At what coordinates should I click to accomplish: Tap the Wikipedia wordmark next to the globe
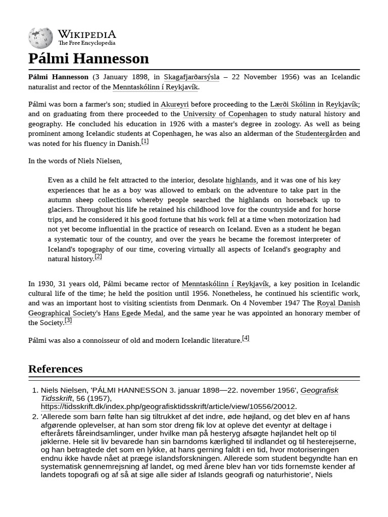[x=86, y=34]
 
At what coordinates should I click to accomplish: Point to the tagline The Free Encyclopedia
[x=86, y=43]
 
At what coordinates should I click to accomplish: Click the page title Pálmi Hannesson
[x=88, y=59]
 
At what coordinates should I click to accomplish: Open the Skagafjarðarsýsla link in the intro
[x=191, y=77]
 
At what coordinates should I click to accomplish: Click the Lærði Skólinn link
[x=293, y=105]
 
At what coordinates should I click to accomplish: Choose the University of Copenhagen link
[x=225, y=114]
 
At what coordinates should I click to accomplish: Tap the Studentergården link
[x=320, y=134]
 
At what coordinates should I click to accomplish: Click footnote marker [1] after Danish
[x=145, y=142]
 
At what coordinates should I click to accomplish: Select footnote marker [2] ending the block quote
[x=98, y=256]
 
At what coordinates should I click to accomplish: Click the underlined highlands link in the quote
[x=241, y=180]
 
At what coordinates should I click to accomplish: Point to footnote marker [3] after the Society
[x=68, y=321]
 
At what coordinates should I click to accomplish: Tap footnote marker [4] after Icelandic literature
[x=246, y=338]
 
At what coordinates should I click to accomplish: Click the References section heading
[x=55, y=369]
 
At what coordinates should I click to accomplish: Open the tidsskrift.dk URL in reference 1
[x=168, y=406]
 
